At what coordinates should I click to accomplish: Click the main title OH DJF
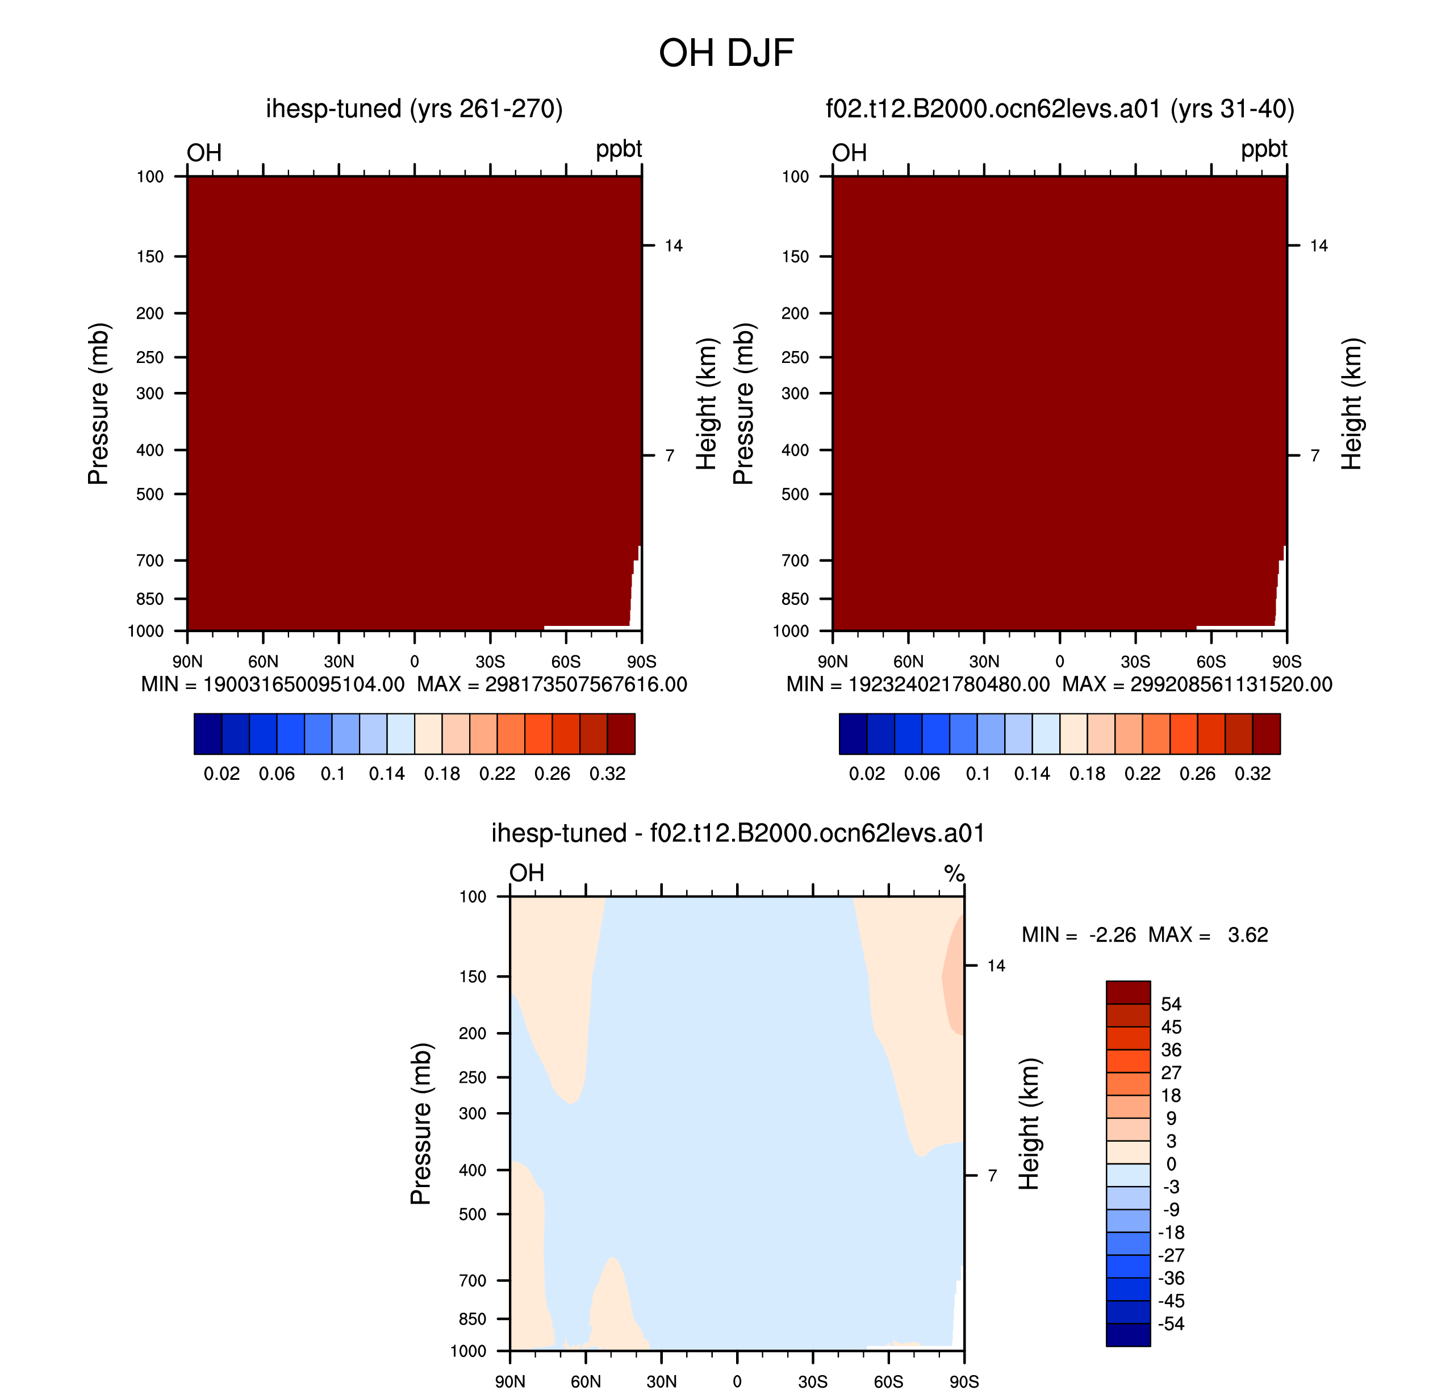click(726, 53)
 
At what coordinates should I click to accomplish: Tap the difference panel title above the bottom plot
click(738, 833)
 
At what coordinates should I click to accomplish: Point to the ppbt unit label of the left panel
click(619, 149)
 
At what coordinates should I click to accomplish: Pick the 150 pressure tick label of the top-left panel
click(150, 257)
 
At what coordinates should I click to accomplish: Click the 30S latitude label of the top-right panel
click(1135, 661)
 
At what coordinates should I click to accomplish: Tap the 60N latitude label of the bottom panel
click(586, 1381)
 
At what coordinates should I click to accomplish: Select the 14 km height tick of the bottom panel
click(996, 966)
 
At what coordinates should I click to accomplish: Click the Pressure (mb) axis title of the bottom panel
click(420, 1123)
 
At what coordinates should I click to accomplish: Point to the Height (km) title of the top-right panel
click(1352, 403)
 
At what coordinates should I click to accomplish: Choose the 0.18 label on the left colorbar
click(442, 774)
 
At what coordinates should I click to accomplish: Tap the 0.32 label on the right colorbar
click(1252, 774)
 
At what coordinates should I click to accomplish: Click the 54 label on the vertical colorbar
click(1171, 1004)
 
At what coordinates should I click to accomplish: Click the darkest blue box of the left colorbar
click(208, 734)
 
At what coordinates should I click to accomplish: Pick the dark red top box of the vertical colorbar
click(1128, 992)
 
